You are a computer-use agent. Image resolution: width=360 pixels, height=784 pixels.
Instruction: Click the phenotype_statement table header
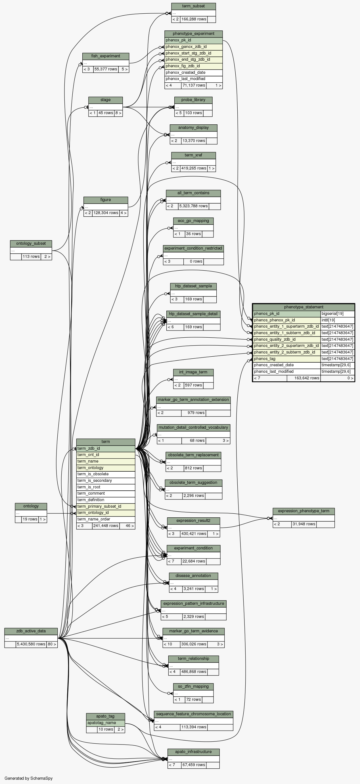(x=304, y=307)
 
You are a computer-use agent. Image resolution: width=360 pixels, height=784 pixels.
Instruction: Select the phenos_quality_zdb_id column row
(x=286, y=339)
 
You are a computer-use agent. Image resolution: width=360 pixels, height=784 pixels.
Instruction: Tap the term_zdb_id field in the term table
(x=105, y=448)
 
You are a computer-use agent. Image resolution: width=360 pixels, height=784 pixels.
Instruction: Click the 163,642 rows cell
(x=304, y=378)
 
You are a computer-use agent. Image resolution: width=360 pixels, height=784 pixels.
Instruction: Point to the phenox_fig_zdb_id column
(x=193, y=66)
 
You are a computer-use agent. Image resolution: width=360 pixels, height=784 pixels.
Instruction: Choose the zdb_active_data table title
(x=31, y=631)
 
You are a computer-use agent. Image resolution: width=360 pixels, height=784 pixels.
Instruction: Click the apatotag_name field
(x=105, y=722)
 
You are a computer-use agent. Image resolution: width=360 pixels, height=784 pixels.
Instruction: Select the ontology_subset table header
(x=31, y=243)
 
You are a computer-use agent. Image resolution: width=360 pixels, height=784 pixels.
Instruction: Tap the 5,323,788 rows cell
(x=193, y=206)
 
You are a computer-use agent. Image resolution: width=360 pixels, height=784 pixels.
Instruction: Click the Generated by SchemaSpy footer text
(x=29, y=778)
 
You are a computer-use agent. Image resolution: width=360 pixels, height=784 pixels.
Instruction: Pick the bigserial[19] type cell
(x=337, y=313)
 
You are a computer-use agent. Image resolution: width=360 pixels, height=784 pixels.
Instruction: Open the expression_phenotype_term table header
(x=304, y=511)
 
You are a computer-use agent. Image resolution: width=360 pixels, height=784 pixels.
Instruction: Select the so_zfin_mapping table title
(x=193, y=686)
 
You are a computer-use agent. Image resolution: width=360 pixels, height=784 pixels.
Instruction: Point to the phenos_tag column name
(x=286, y=359)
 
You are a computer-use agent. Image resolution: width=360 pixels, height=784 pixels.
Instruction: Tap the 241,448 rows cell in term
(x=106, y=526)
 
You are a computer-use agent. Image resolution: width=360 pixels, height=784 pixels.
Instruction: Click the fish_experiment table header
(x=106, y=56)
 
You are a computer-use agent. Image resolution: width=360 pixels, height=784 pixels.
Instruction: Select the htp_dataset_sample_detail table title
(x=193, y=314)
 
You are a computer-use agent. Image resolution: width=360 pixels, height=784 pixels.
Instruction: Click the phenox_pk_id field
(x=193, y=40)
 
